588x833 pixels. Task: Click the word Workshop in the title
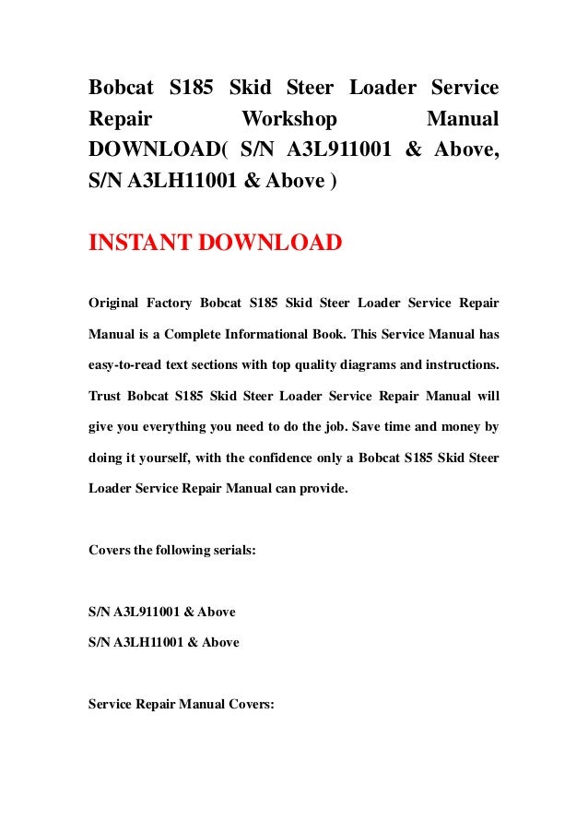pyautogui.click(x=288, y=119)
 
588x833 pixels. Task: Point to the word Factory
pyautogui.click(x=182, y=303)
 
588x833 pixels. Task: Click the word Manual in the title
pyautogui.click(x=463, y=119)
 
